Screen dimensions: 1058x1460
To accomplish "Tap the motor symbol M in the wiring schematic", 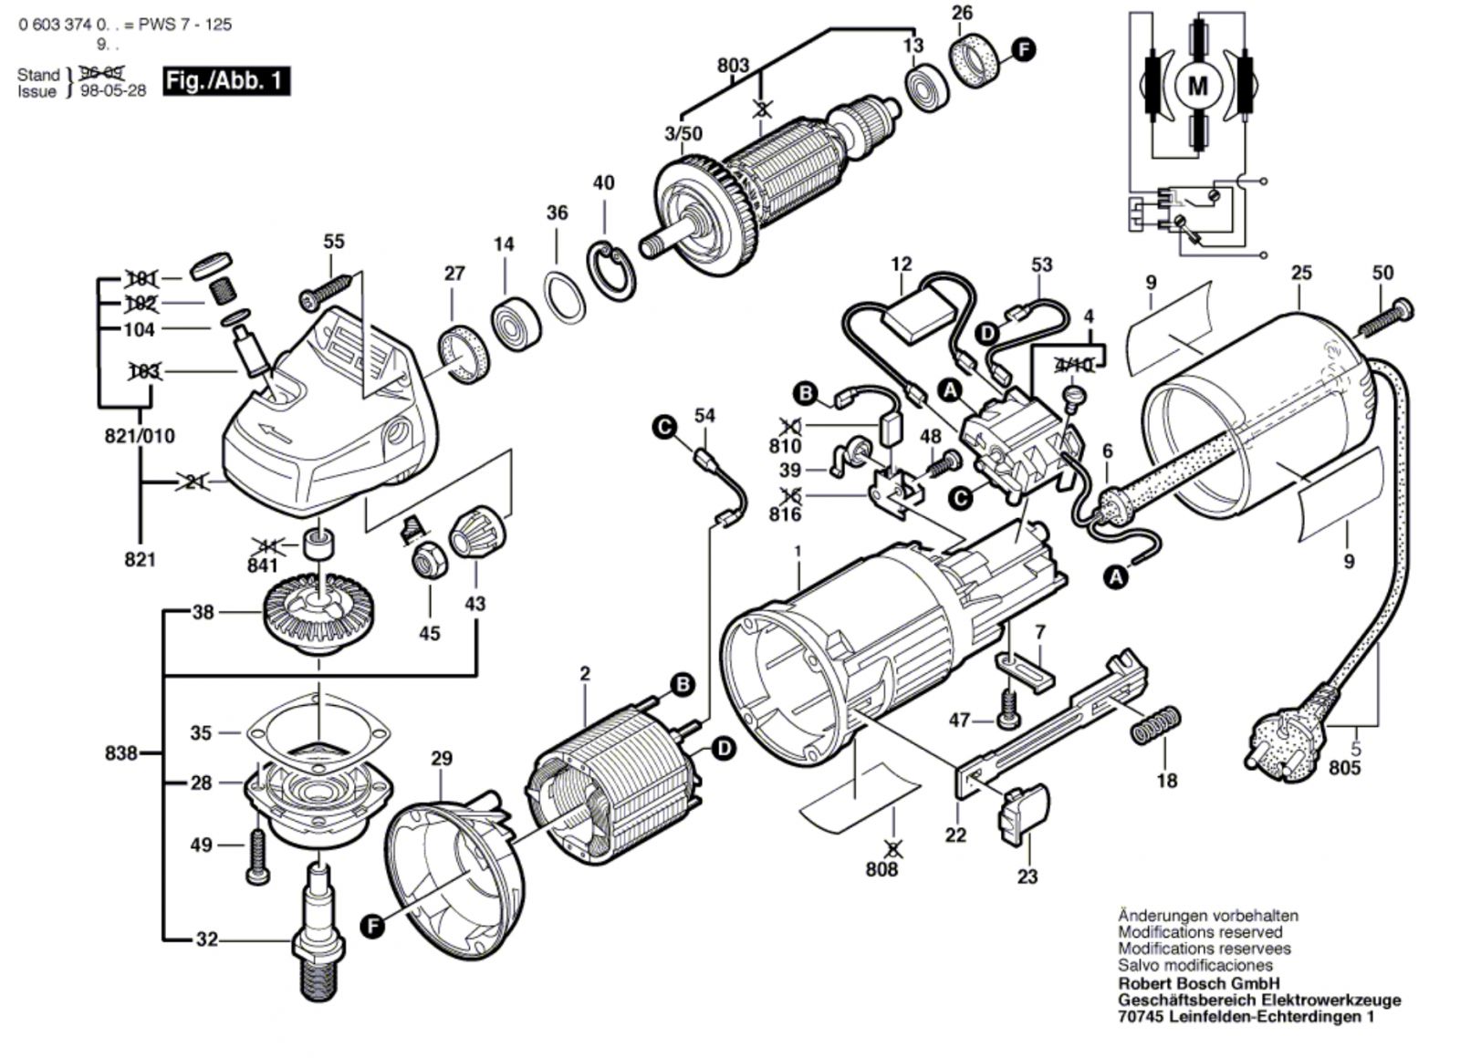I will pyautogui.click(x=1197, y=87).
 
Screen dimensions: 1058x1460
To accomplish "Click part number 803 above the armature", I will pyautogui.click(x=733, y=65).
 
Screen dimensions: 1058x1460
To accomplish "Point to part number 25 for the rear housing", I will pyautogui.click(x=1301, y=272).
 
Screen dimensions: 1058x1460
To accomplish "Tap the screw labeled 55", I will pyautogui.click(x=324, y=291).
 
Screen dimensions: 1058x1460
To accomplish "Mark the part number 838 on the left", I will pyautogui.click(x=120, y=752).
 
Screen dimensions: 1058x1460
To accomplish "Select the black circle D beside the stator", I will pyautogui.click(x=723, y=749).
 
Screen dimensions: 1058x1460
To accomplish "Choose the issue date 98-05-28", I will pyautogui.click(x=113, y=90).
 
